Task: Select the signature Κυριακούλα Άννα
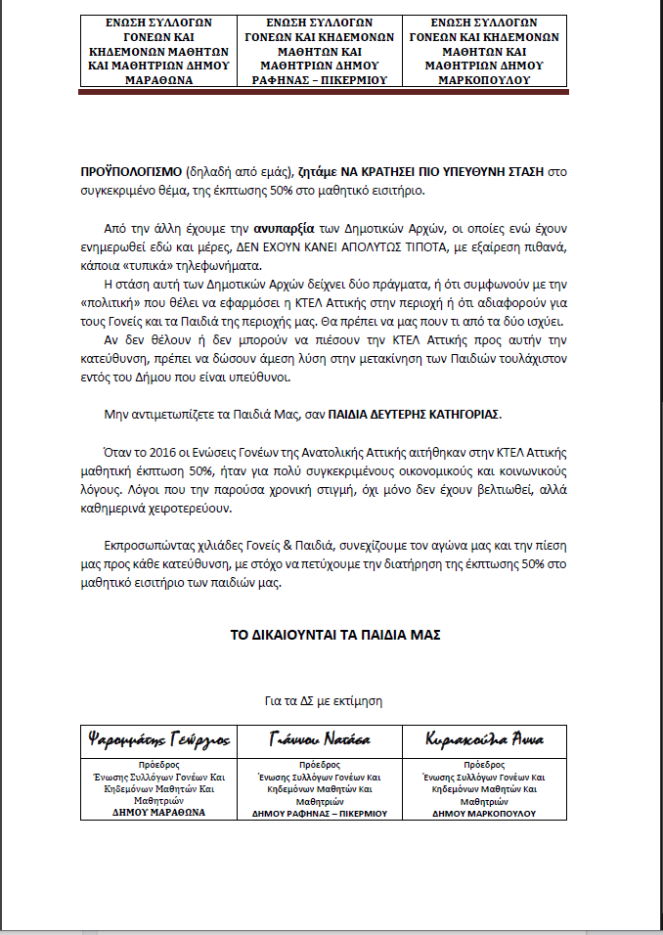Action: [484, 737]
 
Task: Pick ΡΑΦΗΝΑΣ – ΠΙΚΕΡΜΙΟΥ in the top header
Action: [320, 80]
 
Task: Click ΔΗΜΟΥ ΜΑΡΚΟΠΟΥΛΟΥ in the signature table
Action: [483, 813]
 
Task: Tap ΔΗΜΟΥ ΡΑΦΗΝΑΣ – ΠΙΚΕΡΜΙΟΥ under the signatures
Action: [320, 813]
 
